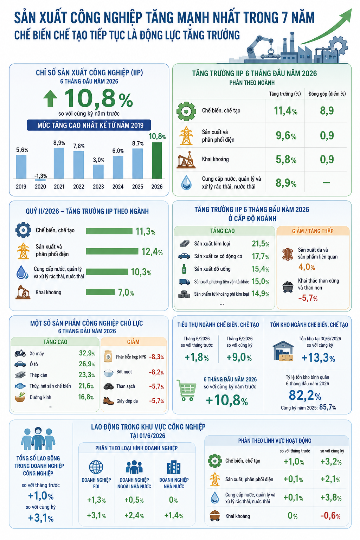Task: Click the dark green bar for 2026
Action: [x=157, y=160]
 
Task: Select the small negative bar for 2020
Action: [x=40, y=180]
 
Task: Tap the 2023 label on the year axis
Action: [x=98, y=187]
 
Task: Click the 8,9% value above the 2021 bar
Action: [x=59, y=143]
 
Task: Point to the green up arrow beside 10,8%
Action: [x=50, y=98]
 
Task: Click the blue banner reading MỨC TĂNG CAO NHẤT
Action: [x=89, y=125]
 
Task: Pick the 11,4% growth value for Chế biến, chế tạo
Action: [x=285, y=111]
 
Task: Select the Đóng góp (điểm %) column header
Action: [x=327, y=94]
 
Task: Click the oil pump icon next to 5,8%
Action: [x=186, y=159]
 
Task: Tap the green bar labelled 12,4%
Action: [x=112, y=251]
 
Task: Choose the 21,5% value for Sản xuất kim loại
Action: [x=261, y=244]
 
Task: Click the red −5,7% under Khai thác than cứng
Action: [x=308, y=298]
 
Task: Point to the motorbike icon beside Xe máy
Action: [x=20, y=353]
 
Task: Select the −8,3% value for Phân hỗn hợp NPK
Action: [x=156, y=357]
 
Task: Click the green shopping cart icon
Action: [x=186, y=390]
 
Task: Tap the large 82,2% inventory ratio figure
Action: [x=305, y=396]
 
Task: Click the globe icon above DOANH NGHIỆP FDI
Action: [x=96, y=467]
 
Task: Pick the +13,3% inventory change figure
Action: [x=318, y=358]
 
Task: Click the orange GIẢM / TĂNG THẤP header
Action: [x=313, y=231]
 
